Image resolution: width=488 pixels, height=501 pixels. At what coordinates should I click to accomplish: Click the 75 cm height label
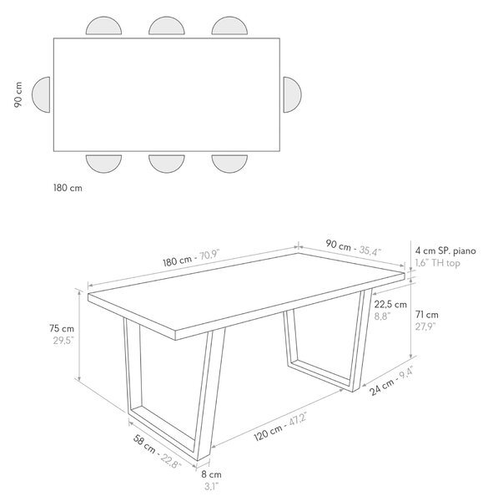pyautogui.click(x=62, y=328)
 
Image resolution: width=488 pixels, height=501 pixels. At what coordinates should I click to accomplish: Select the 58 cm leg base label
pyautogui.click(x=144, y=444)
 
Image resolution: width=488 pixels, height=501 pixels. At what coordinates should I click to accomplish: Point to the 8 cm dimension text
pyautogui.click(x=211, y=474)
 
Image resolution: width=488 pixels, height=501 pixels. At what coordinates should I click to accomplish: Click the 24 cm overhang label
pyautogui.click(x=381, y=387)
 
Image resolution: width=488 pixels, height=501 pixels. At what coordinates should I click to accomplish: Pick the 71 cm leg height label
pyautogui.click(x=427, y=315)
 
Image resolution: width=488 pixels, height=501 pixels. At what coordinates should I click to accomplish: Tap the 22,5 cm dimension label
pyautogui.click(x=390, y=304)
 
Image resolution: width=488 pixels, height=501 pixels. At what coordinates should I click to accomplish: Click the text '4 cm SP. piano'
pyautogui.click(x=445, y=251)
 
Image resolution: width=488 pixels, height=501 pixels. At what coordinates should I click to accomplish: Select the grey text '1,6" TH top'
pyautogui.click(x=437, y=263)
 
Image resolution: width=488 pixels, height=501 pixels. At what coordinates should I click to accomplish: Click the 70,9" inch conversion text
pyautogui.click(x=209, y=255)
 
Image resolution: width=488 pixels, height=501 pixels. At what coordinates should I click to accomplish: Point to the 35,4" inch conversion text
pyautogui.click(x=370, y=250)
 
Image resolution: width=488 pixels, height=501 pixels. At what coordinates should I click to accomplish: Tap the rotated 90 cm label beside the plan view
pyautogui.click(x=18, y=94)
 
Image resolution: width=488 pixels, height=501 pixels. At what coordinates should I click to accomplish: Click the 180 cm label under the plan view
pyautogui.click(x=68, y=188)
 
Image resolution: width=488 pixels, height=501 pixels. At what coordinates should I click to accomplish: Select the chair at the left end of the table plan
pyautogui.click(x=41, y=94)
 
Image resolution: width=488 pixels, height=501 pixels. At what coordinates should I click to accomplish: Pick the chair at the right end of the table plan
pyautogui.click(x=292, y=94)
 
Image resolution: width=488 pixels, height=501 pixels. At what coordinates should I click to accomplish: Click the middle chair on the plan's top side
pyautogui.click(x=167, y=26)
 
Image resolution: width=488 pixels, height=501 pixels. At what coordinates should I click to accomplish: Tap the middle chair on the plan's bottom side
pyautogui.click(x=167, y=164)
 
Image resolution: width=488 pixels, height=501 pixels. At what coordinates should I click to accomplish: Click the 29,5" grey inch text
pyautogui.click(x=63, y=341)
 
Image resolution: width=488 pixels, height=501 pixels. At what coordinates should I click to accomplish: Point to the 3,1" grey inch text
pyautogui.click(x=211, y=487)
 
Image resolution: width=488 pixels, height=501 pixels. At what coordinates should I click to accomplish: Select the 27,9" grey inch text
pyautogui.click(x=425, y=326)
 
